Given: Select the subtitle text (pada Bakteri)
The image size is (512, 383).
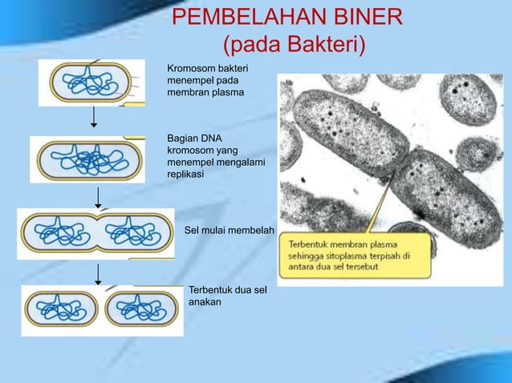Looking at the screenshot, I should (x=293, y=45).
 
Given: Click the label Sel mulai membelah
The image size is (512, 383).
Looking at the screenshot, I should (x=230, y=231).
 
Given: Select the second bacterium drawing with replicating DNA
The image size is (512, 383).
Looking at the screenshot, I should (x=88, y=159).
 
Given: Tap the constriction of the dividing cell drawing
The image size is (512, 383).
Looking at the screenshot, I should (x=96, y=232).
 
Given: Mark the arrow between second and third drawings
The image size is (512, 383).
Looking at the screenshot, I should (x=97, y=196).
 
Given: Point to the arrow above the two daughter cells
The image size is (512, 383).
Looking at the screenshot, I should (x=98, y=273).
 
